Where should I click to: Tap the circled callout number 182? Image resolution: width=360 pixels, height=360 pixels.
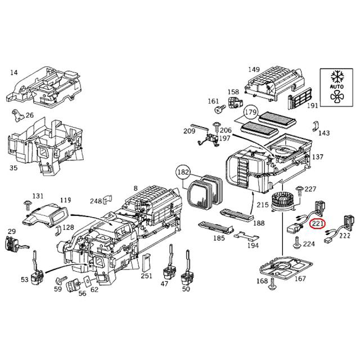tap(183, 171)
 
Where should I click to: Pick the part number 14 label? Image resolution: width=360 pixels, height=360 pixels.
tap(14, 73)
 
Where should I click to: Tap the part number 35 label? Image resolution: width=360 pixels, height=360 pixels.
tap(13, 168)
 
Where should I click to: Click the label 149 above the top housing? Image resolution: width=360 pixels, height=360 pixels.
tap(254, 70)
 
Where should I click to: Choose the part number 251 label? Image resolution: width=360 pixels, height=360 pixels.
tap(146, 276)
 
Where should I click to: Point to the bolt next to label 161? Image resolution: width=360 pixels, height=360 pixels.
tap(222, 106)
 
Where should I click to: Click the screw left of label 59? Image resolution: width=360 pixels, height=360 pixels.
tap(60, 280)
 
